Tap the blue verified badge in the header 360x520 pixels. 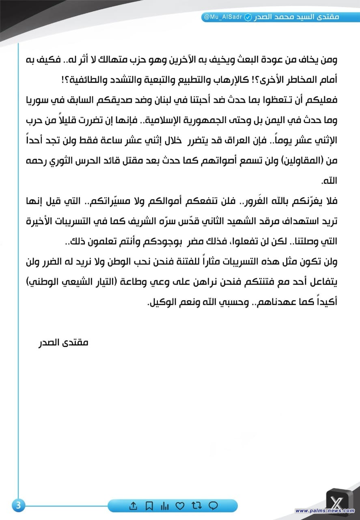tap(247, 17)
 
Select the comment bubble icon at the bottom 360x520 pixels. tap(213, 506)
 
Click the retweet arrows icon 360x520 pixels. tap(196, 506)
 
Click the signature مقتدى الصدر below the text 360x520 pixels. tap(63, 342)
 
